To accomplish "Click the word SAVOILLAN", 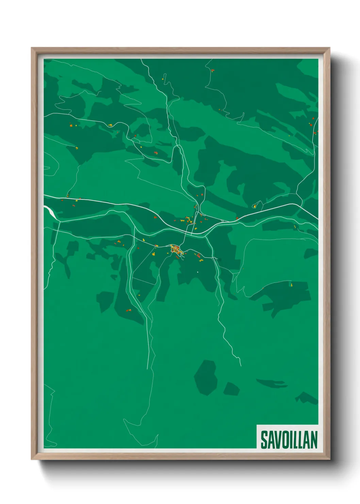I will [x=289, y=439].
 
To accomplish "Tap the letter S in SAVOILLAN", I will [x=264, y=440].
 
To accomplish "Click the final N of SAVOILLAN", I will [x=313, y=440].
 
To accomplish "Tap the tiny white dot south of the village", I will [x=197, y=272].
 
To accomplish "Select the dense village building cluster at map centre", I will [x=176, y=250].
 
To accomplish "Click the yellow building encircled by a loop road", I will [x=255, y=206].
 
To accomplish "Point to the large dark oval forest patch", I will [x=206, y=377].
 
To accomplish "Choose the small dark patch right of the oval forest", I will [x=231, y=389].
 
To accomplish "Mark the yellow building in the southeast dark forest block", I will [x=291, y=284].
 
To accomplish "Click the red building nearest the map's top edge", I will [x=213, y=70].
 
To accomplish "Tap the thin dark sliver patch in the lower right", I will [x=272, y=383].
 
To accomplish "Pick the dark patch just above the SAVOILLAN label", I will [x=306, y=398].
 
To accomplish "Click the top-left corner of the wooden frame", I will [x=32, y=48].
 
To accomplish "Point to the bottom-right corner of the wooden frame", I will [x=329, y=459].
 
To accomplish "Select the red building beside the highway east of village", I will [x=237, y=218].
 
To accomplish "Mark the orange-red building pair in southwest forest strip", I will [x=129, y=310].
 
